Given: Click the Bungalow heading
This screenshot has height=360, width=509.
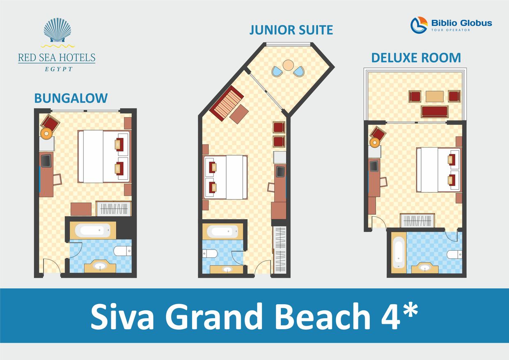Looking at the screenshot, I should point(71,98).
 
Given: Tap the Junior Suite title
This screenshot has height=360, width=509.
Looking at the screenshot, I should point(291,30).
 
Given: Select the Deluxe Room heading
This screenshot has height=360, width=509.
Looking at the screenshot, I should point(416,58).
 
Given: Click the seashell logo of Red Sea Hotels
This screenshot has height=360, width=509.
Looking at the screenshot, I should point(57,30).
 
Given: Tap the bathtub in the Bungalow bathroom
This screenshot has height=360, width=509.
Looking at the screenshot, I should point(93,230).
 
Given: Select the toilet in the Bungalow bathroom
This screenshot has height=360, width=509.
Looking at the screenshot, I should point(123,251).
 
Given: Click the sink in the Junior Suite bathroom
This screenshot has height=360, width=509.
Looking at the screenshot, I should point(227,269).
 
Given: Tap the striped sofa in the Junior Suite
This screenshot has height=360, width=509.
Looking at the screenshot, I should point(227,103).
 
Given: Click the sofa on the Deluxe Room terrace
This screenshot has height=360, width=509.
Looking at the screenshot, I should point(434,111).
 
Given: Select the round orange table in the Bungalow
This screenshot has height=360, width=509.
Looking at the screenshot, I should point(46,133).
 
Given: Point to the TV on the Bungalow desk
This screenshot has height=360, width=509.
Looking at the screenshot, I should point(46,160).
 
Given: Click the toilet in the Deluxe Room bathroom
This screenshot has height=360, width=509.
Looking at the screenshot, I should point(454,255).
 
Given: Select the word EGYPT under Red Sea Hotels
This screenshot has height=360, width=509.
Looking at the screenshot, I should point(58,69).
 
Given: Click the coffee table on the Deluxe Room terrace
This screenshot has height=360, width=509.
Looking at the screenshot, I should point(434,96).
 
